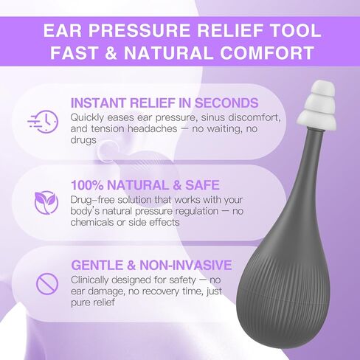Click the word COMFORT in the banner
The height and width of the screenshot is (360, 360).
[266, 52]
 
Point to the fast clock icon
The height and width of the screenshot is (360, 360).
[43, 122]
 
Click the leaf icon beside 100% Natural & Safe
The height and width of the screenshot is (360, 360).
[46, 202]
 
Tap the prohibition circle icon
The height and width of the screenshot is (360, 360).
[47, 284]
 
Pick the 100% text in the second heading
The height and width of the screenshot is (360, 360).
[87, 185]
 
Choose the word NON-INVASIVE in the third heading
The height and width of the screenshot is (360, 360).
[186, 265]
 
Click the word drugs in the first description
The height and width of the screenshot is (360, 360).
[83, 140]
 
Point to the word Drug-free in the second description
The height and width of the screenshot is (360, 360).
[92, 200]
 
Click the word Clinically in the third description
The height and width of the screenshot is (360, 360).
[90, 280]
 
